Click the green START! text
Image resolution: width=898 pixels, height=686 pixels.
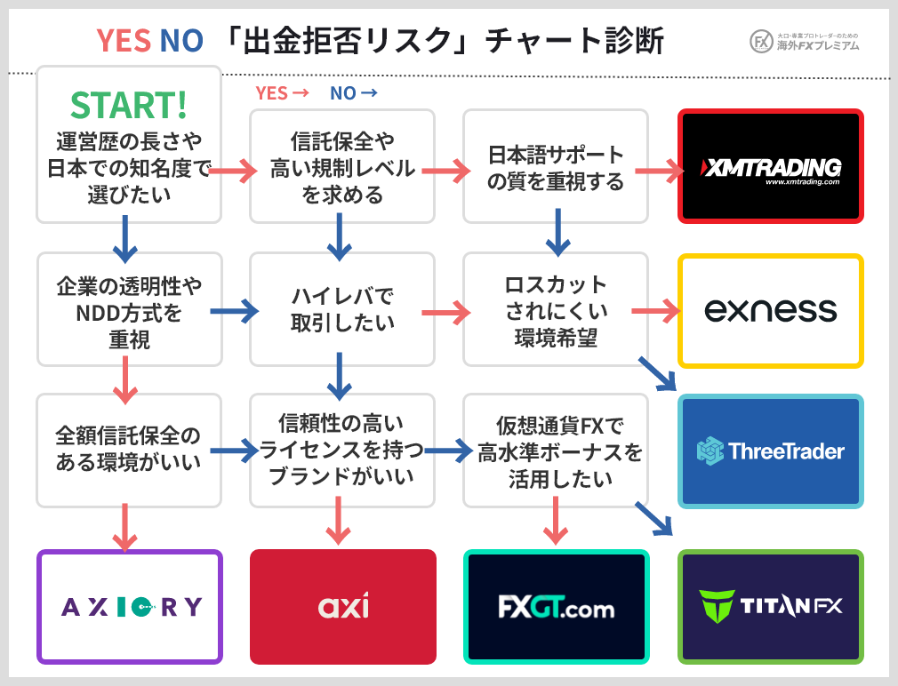tap(129, 105)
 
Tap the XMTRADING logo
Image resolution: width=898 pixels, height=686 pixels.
tap(771, 166)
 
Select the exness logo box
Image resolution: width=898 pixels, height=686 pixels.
tap(771, 310)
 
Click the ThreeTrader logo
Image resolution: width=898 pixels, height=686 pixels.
tap(771, 451)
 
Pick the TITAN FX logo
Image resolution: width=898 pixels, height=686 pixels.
tap(771, 607)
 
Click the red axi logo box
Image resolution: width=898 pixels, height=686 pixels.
tap(343, 607)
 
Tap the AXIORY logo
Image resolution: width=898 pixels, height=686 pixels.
tap(130, 607)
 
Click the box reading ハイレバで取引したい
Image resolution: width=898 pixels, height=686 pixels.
tap(343, 309)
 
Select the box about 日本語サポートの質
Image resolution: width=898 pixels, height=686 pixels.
tap(557, 167)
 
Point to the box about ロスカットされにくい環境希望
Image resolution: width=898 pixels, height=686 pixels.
tap(557, 310)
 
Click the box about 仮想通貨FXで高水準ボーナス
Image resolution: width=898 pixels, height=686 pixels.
tap(557, 452)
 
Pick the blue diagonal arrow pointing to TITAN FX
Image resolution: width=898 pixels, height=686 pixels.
tap(655, 518)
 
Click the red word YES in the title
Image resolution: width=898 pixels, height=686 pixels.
tap(123, 40)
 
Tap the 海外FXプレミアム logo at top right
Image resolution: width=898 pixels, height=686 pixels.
tap(805, 41)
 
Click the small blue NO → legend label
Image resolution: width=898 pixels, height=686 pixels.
tap(353, 92)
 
